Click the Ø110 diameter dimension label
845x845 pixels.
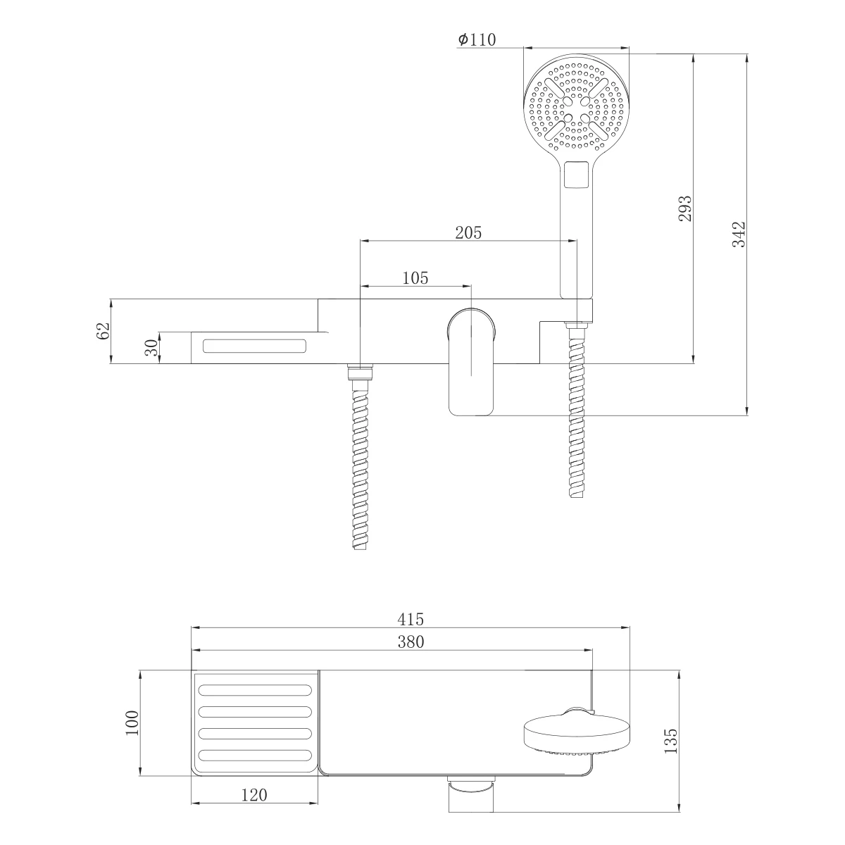[477, 40]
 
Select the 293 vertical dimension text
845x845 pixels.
[684, 208]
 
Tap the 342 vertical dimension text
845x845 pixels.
[738, 234]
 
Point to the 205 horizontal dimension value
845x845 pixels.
[468, 233]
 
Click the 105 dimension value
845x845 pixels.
[415, 278]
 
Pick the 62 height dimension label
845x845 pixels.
[103, 331]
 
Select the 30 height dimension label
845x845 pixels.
[151, 347]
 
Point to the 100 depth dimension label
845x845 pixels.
[132, 722]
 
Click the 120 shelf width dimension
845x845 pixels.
[254, 795]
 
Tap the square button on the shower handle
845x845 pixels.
[576, 175]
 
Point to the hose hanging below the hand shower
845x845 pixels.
[577, 415]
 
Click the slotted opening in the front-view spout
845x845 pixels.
[255, 346]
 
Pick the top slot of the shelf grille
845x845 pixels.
[255, 688]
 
